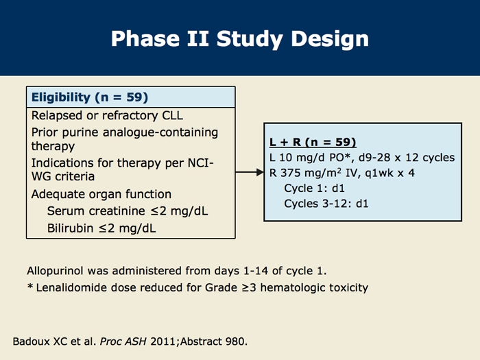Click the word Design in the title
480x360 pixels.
(x=330, y=39)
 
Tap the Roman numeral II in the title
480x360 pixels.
(x=197, y=38)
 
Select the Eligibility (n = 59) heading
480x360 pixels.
(x=90, y=97)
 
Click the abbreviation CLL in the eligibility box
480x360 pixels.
(x=172, y=115)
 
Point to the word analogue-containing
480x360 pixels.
(x=160, y=132)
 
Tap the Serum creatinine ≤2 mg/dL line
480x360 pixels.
(x=128, y=211)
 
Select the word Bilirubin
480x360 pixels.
(x=71, y=228)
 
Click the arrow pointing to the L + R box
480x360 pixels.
(x=250, y=172)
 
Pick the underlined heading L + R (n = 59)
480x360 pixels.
(x=313, y=142)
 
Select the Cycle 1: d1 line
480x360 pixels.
(x=314, y=188)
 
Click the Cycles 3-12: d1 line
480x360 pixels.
(x=326, y=204)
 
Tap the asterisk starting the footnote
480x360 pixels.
(x=30, y=287)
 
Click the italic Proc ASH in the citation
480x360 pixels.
(x=123, y=341)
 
